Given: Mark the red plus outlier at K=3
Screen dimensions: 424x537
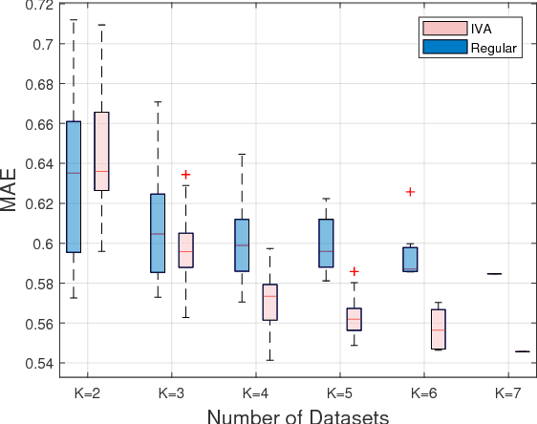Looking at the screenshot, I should coord(185,175).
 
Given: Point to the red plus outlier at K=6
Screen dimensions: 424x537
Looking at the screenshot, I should coord(410,192).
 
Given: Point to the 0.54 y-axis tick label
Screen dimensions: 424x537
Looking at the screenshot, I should coord(34,363).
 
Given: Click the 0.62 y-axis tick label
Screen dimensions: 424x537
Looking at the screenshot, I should coord(34,203).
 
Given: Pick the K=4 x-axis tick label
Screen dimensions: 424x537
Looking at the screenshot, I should coord(255,392).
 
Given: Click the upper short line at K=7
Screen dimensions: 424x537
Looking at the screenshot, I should coord(494,274).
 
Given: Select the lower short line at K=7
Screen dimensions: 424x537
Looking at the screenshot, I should coord(522,351).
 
